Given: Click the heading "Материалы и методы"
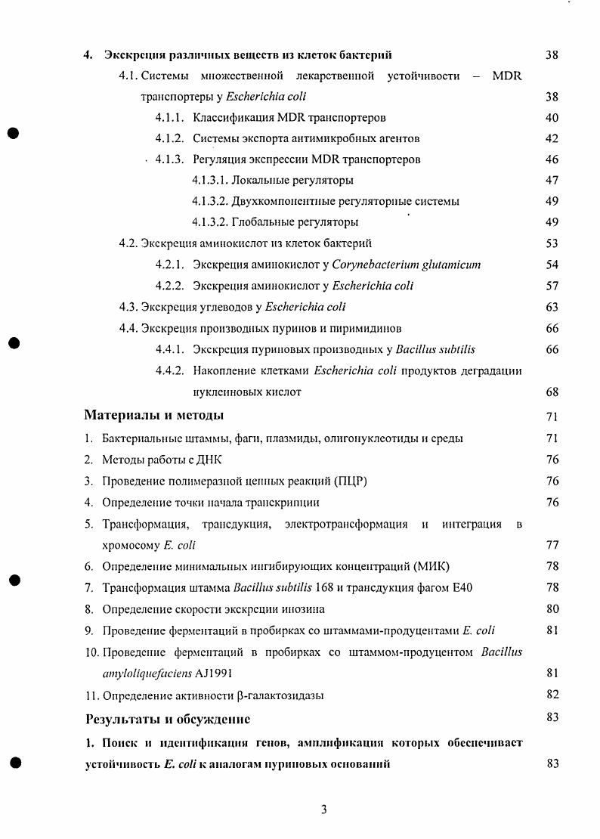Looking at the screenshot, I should pyautogui.click(x=153, y=416).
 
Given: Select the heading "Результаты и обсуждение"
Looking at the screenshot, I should pyautogui.click(x=168, y=718).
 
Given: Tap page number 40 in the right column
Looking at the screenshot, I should pyautogui.click(x=552, y=118).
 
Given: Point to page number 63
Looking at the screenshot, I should pyautogui.click(x=552, y=307).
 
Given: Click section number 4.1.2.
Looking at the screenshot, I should pyautogui.click(x=170, y=138).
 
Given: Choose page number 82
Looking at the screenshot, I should pyautogui.click(x=552, y=695).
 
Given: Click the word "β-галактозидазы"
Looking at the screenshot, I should pyautogui.click(x=280, y=695).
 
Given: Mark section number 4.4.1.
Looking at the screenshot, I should pyautogui.click(x=170, y=349).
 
